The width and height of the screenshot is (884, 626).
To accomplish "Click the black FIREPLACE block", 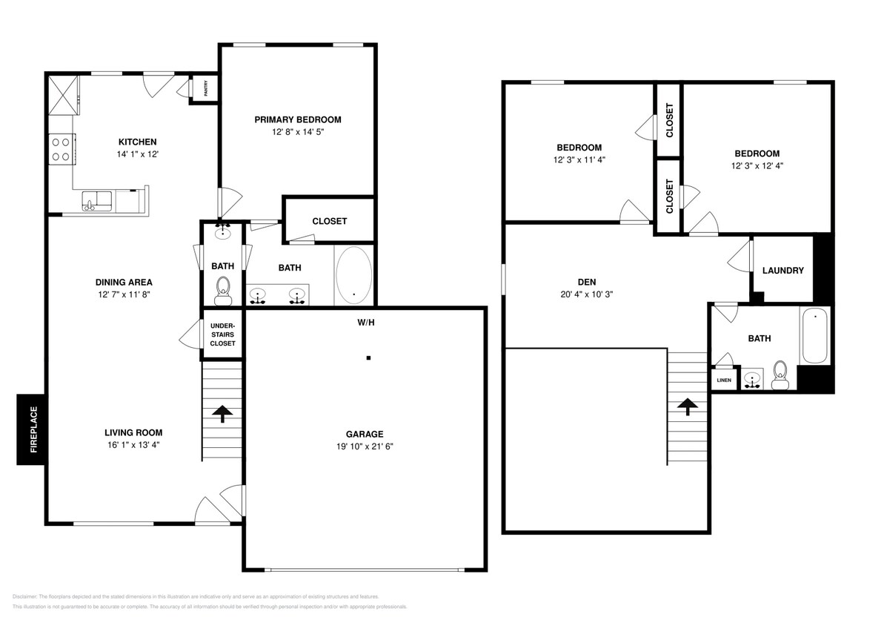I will pos(32,429).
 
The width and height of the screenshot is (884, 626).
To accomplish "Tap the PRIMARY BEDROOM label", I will pos(297,119).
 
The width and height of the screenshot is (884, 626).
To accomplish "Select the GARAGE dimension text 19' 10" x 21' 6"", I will pos(365,447).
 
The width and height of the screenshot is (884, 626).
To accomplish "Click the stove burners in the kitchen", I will pos(61,148).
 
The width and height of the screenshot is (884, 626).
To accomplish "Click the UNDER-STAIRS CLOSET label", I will pos(222,335).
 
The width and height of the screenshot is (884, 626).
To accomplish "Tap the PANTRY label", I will pos(205,88).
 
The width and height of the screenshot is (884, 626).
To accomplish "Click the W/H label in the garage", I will pos(365,323).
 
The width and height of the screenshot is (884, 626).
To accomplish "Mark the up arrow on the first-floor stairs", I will pos(222,414).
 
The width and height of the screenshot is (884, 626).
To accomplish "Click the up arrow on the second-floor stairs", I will pos(687,406).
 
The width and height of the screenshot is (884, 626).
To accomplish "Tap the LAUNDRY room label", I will pos(782,271).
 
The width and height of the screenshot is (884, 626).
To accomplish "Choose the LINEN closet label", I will pos(723,380).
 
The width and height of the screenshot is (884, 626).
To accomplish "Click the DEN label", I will pos(586,282).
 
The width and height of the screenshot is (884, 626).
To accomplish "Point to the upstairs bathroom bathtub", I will pos(814,336).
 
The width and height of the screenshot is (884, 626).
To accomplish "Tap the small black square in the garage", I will pos(368,358).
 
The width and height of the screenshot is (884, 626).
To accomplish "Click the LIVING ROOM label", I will pos(133,432).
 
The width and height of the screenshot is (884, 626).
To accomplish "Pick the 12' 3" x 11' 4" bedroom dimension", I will pos(579,159).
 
